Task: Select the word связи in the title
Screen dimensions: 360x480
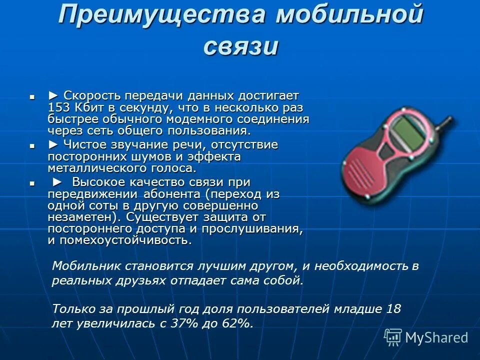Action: tap(240, 46)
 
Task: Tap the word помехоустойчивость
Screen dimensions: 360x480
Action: tap(125, 240)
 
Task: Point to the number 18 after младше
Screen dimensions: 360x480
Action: tap(393, 309)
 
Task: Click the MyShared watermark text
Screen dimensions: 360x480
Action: tap(436, 337)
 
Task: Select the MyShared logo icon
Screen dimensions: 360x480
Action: tap(393, 337)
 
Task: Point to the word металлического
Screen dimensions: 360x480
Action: tap(95, 169)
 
